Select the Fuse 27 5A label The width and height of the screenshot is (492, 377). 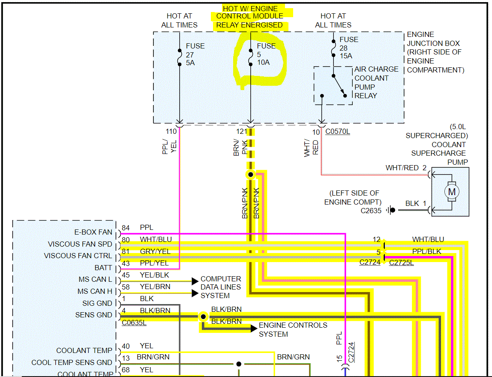point(195,54)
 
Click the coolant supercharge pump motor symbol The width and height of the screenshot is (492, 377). point(452,191)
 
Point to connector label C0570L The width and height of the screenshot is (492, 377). point(337,132)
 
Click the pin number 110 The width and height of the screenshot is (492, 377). point(171,132)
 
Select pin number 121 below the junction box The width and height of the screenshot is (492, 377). point(243,132)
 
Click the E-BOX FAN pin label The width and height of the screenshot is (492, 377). point(93,232)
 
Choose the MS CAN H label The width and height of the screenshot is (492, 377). point(95,291)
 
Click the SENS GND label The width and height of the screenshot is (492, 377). point(94,315)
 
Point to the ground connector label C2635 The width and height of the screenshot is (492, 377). point(371,211)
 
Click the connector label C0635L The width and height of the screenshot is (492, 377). point(134,323)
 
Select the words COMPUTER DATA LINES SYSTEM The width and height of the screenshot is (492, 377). point(221,287)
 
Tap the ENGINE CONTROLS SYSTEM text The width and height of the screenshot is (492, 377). point(293,329)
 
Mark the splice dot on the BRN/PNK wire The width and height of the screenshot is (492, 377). point(250,175)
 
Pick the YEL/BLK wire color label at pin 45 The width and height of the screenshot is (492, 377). point(154,275)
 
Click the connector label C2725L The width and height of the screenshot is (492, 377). point(401,262)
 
